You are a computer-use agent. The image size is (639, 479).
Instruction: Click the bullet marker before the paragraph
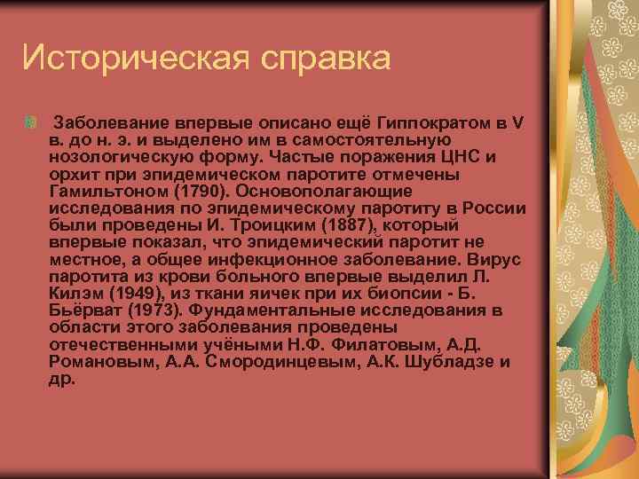[x=32, y=121]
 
